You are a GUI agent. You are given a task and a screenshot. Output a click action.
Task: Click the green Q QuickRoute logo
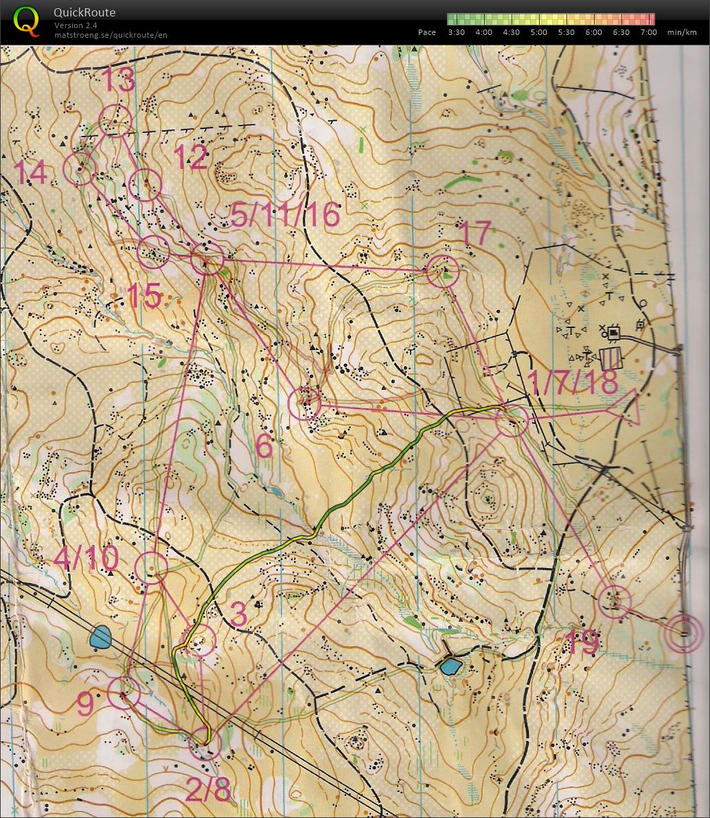[26, 21]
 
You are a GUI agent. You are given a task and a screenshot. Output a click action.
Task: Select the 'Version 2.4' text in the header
[76, 25]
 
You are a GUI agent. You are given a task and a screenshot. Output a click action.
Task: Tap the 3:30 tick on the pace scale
[456, 32]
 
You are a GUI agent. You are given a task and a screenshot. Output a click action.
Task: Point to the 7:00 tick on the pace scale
[648, 32]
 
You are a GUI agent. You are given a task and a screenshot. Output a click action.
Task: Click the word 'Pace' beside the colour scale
[426, 32]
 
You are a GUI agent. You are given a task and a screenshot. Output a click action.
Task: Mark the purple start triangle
[623, 409]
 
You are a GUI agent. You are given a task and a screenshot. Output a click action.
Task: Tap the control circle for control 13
[115, 121]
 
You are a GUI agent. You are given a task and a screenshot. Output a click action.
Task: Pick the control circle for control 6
[304, 404]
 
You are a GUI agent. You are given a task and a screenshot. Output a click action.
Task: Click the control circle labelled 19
[614, 602]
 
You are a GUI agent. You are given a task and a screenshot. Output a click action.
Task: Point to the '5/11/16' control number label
[286, 215]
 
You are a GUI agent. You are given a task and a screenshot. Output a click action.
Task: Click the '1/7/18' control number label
[573, 382]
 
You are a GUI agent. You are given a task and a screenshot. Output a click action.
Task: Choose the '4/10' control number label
[86, 557]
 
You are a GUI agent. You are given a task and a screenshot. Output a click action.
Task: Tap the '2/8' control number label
[208, 789]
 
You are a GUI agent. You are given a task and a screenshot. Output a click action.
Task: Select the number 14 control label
[31, 173]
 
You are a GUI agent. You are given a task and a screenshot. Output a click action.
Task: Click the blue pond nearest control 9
[100, 638]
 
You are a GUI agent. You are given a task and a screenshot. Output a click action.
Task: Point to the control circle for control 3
[199, 641]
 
